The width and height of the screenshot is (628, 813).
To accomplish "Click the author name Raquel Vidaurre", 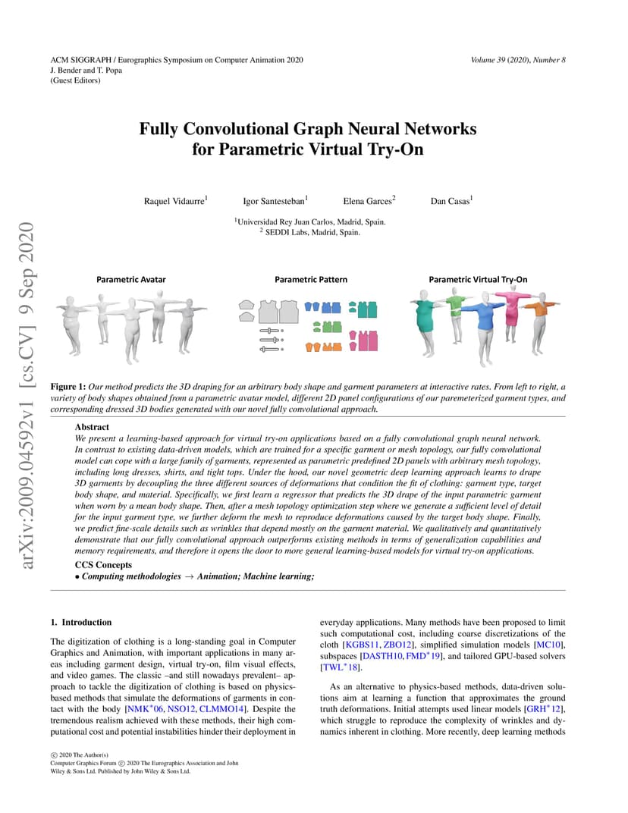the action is click(x=174, y=201).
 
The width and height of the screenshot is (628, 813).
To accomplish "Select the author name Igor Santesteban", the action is click(x=274, y=201).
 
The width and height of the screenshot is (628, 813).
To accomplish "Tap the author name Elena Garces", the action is click(x=367, y=201).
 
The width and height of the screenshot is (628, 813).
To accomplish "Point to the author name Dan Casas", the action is click(x=450, y=201).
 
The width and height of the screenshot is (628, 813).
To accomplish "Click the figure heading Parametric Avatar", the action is click(x=131, y=279).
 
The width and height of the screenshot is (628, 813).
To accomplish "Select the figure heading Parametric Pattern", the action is click(x=311, y=279).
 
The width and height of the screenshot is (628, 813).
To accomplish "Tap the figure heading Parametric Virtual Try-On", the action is click(x=478, y=279).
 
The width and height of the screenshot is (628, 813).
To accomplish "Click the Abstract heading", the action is click(x=92, y=427).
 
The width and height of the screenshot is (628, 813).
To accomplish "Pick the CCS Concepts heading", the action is click(x=103, y=565).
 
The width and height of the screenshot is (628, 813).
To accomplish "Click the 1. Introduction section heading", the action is click(x=81, y=622).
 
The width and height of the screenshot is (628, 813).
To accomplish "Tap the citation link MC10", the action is click(x=549, y=645).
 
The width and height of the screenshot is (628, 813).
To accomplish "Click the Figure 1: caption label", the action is click(x=68, y=387).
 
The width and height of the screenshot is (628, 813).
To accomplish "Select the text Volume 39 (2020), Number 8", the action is click(x=518, y=60).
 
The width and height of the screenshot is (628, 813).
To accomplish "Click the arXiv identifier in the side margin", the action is click(x=26, y=395).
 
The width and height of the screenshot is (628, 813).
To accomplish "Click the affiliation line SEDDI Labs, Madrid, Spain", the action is click(x=311, y=232).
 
